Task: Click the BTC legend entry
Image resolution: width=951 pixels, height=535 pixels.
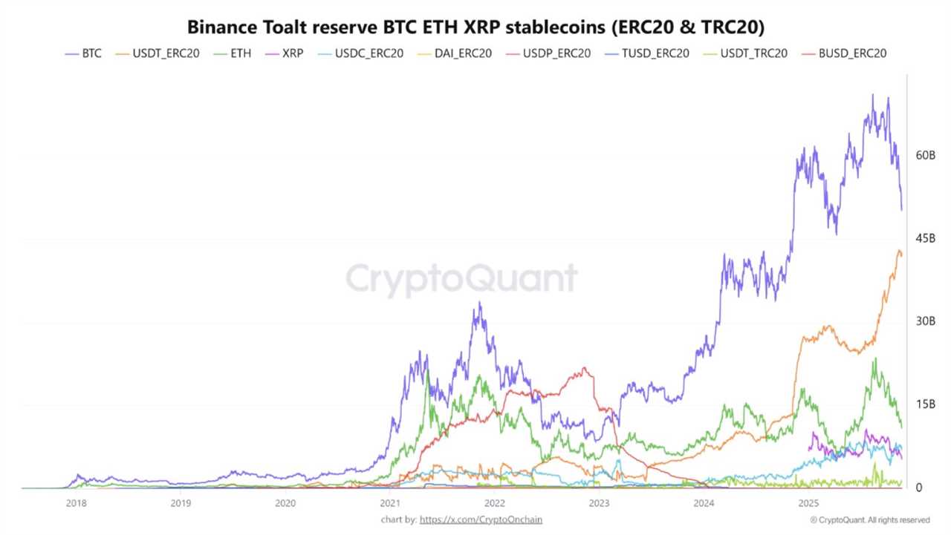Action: point(83,53)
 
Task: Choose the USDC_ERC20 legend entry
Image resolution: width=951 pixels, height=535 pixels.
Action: point(360,53)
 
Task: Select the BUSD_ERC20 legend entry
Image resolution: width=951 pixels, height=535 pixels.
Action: point(843,53)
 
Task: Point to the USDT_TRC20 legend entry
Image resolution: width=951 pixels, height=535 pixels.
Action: point(744,53)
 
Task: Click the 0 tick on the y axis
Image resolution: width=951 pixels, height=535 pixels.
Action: point(919,488)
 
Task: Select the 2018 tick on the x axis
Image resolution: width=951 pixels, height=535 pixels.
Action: point(76,503)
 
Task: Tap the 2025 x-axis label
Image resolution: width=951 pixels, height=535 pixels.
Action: point(808,503)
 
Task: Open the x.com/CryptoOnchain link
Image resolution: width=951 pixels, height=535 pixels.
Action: point(481,519)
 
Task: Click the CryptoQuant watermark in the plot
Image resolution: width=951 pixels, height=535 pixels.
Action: point(461,279)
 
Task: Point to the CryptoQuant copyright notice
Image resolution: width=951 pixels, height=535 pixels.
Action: point(869,520)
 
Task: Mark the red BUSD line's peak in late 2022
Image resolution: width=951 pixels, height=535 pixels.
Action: point(586,368)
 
